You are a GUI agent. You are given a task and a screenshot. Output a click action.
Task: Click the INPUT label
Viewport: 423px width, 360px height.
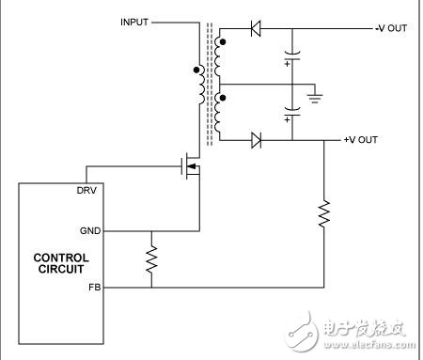pos(135,21)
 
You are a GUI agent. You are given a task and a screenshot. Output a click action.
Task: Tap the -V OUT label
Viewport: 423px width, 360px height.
pos(390,28)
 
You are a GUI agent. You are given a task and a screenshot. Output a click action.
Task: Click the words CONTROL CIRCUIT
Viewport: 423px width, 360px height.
pos(61,263)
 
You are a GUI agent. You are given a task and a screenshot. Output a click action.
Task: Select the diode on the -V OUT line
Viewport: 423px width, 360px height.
pos(255,28)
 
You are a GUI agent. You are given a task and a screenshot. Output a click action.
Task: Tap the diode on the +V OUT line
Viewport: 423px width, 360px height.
pos(255,141)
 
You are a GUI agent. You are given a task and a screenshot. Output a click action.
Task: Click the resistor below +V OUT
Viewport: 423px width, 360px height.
pos(323,215)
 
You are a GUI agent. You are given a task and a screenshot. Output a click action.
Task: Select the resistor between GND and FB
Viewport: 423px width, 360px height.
pos(150,258)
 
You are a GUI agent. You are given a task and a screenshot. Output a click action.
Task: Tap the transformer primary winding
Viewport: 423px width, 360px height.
pos(200,86)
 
